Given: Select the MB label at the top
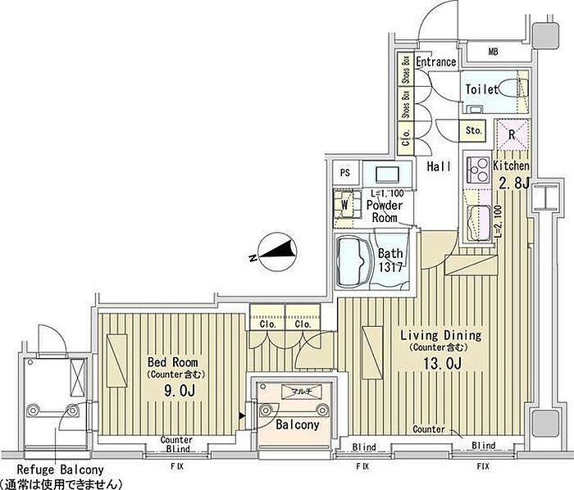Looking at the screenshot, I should click(x=493, y=52).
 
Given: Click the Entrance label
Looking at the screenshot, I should click(x=435, y=63).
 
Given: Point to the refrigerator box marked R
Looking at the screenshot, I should click(x=510, y=132).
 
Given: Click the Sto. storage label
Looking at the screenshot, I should click(x=473, y=130).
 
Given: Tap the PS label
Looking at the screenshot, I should click(x=344, y=173).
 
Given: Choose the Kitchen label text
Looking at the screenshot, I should click(x=511, y=166).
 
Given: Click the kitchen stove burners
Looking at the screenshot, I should click(x=476, y=171).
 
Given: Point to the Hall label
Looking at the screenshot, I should click(x=439, y=166).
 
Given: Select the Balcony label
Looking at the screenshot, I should click(x=292, y=426).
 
